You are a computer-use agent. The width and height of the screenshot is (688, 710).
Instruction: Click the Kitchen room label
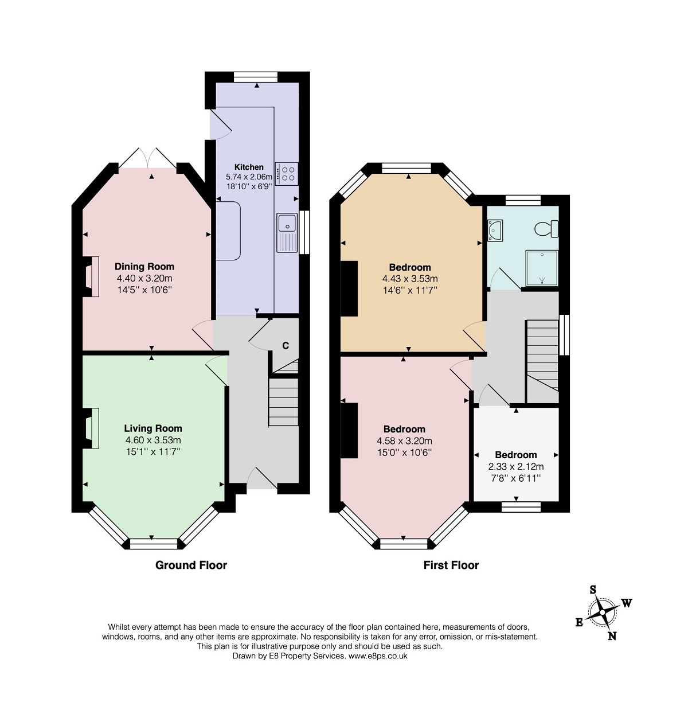(x=248, y=167)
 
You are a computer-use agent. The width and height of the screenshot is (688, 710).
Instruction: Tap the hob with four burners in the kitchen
(x=286, y=174)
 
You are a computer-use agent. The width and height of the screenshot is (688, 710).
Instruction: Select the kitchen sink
(x=287, y=232)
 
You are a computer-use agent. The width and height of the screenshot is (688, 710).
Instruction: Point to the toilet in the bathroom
(x=546, y=229)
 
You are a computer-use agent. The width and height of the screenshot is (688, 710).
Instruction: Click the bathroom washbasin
(x=495, y=230)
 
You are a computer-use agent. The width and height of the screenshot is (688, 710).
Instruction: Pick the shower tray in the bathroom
(x=542, y=268)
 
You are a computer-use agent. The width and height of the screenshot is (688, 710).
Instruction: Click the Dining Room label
(x=144, y=266)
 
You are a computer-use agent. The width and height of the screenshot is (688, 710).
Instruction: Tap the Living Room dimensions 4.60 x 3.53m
(x=153, y=440)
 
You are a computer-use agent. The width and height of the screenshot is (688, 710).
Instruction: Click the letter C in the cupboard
(x=286, y=345)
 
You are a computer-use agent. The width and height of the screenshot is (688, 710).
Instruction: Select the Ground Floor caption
(x=191, y=565)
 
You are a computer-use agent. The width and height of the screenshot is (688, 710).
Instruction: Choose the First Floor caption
(x=451, y=565)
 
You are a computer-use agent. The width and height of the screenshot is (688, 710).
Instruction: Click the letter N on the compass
(x=612, y=636)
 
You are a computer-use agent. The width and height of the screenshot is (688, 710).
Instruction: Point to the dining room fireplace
(x=91, y=276)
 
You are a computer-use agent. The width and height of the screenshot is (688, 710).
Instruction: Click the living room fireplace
(x=91, y=428)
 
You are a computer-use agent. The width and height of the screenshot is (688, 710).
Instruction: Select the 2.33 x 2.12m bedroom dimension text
(x=516, y=466)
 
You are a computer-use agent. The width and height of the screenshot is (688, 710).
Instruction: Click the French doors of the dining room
(x=148, y=158)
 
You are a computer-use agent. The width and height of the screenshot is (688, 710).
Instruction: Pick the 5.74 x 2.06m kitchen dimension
(x=249, y=177)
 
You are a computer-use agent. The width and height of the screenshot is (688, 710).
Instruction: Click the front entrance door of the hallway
(x=262, y=478)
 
